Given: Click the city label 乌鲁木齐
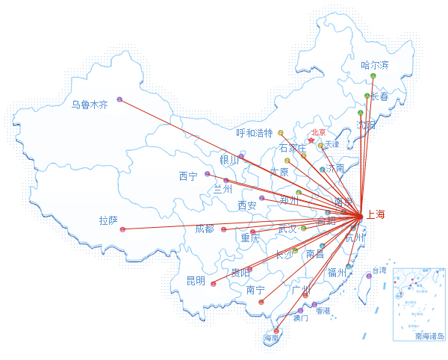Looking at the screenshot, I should tap(90, 105).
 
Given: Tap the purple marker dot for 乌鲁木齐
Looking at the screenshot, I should tap(119, 99).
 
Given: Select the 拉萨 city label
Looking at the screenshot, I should tap(108, 220).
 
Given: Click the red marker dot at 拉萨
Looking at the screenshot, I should tap(122, 229).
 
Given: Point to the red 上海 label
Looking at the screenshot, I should tap(376, 215).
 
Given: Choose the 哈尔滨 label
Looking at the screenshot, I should tap(375, 65).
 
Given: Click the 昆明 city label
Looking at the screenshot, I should tap(196, 281).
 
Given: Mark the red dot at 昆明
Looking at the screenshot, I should tap(214, 284).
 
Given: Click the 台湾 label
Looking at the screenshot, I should tap(379, 270).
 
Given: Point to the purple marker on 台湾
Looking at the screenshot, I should tap(369, 276).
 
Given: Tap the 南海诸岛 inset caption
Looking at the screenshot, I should tap(429, 336).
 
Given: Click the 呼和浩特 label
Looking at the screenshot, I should tap(255, 134).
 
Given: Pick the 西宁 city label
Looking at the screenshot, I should tap(188, 176).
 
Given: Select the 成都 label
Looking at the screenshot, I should tap(205, 229).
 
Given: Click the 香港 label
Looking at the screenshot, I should tap(323, 310).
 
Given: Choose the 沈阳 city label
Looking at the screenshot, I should tap(366, 125).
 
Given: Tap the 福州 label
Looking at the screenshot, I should tap(337, 273).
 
